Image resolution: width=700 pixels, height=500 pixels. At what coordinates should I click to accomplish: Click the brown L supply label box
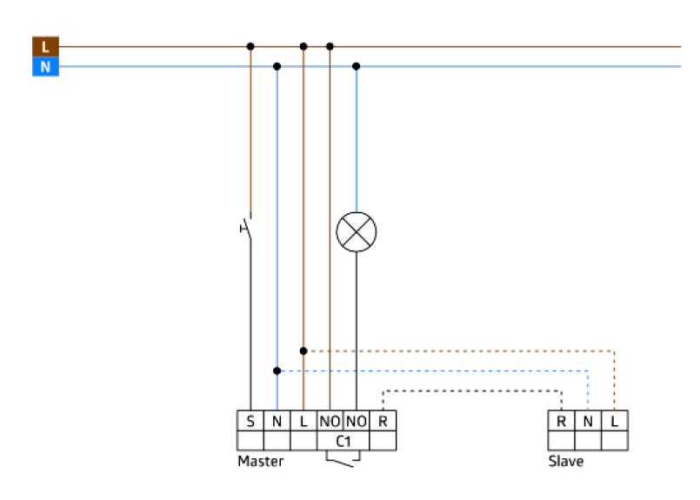pos(45,47)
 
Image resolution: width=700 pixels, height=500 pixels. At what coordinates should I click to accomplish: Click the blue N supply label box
pos(45,66)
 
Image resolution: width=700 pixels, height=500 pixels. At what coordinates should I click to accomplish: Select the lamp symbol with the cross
pos(356,231)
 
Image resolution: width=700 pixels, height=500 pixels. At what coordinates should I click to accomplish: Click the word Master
pos(260,462)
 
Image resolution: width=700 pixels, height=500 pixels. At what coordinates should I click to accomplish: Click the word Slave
pos(565,462)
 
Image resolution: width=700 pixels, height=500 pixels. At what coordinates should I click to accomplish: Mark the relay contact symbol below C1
pos(343,459)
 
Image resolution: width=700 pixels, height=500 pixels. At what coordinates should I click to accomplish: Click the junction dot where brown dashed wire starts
pos(303,350)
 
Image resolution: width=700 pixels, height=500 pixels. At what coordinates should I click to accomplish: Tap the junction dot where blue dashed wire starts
pos(277,370)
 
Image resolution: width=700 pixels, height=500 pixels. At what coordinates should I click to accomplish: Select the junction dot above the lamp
pos(356,66)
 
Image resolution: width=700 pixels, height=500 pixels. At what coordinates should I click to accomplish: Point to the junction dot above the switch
pos(250,46)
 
